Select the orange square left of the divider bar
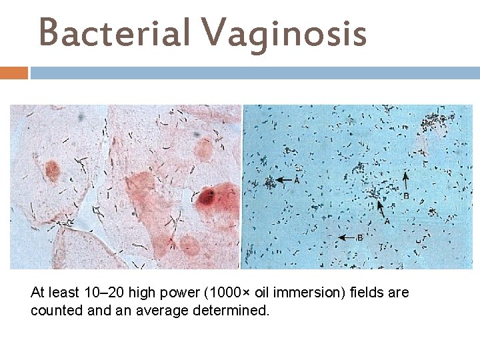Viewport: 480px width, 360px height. click(13, 72)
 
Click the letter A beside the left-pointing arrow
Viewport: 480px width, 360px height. click(296, 180)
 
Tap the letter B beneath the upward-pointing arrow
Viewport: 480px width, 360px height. click(407, 196)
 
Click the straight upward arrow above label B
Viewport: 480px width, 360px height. click(407, 181)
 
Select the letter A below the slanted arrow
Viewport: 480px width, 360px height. click(387, 221)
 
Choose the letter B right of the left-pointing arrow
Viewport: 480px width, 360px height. click(360, 237)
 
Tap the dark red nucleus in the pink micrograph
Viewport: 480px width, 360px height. click(208, 196)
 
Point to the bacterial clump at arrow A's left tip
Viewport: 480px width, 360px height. click(270, 181)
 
